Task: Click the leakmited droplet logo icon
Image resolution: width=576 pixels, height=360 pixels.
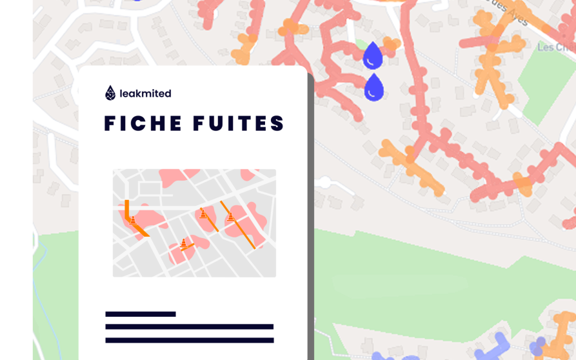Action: [110, 93]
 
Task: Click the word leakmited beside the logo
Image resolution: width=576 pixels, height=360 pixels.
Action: [145, 94]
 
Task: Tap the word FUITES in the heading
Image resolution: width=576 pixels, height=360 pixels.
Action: [240, 123]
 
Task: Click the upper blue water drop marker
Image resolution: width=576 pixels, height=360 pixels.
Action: [372, 56]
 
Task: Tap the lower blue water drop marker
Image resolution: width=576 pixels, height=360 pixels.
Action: [373, 88]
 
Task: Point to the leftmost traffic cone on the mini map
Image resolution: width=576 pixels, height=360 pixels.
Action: [133, 220]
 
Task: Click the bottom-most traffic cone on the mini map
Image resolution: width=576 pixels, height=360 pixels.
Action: [184, 243]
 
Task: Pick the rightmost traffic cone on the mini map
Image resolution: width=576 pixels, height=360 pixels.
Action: [231, 216]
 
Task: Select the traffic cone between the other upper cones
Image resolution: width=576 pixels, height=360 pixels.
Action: [203, 213]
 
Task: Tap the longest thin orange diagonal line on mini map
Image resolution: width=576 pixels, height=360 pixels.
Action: [239, 225]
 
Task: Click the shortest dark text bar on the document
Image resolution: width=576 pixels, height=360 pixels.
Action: [141, 314]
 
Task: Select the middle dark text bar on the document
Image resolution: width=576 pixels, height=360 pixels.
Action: [189, 327]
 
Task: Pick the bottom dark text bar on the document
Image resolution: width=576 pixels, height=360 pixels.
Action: [189, 340]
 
